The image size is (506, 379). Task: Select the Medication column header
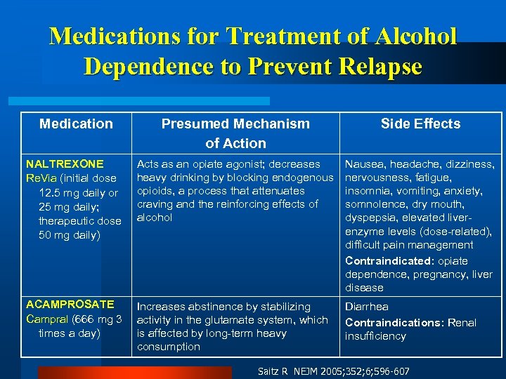coord(76,124)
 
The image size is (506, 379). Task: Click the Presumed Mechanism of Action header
coord(235,133)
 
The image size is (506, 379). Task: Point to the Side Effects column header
coord(420,124)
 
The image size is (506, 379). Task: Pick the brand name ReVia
coord(39,178)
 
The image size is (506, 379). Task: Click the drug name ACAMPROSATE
coord(70,304)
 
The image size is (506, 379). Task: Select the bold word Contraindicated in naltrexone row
coord(387,261)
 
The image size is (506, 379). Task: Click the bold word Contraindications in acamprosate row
coord(391,323)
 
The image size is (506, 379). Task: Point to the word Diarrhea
coord(367,307)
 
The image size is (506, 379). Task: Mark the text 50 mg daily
coord(70,234)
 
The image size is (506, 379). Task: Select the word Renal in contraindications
coord(460,323)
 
